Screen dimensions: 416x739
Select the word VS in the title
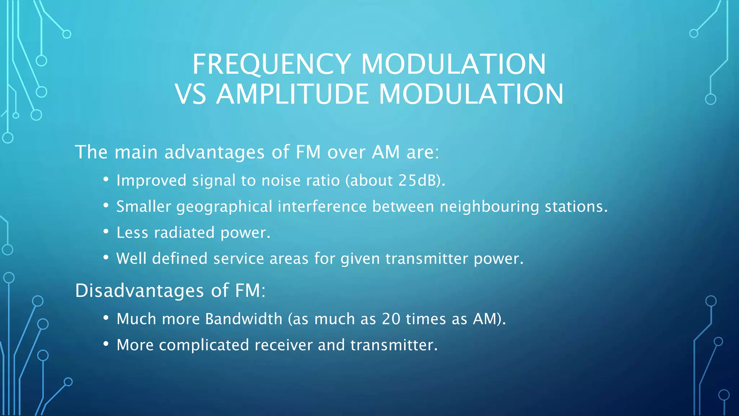(191, 95)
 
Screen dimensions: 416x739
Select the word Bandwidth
(244, 319)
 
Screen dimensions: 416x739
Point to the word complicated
(204, 345)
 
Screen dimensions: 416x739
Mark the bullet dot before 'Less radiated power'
(106, 231)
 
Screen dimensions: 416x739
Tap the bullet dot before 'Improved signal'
(106, 179)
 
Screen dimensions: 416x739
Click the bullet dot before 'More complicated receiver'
(106, 344)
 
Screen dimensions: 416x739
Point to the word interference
(322, 207)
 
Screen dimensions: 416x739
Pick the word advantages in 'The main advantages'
(214, 152)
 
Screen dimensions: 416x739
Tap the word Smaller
(144, 207)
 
